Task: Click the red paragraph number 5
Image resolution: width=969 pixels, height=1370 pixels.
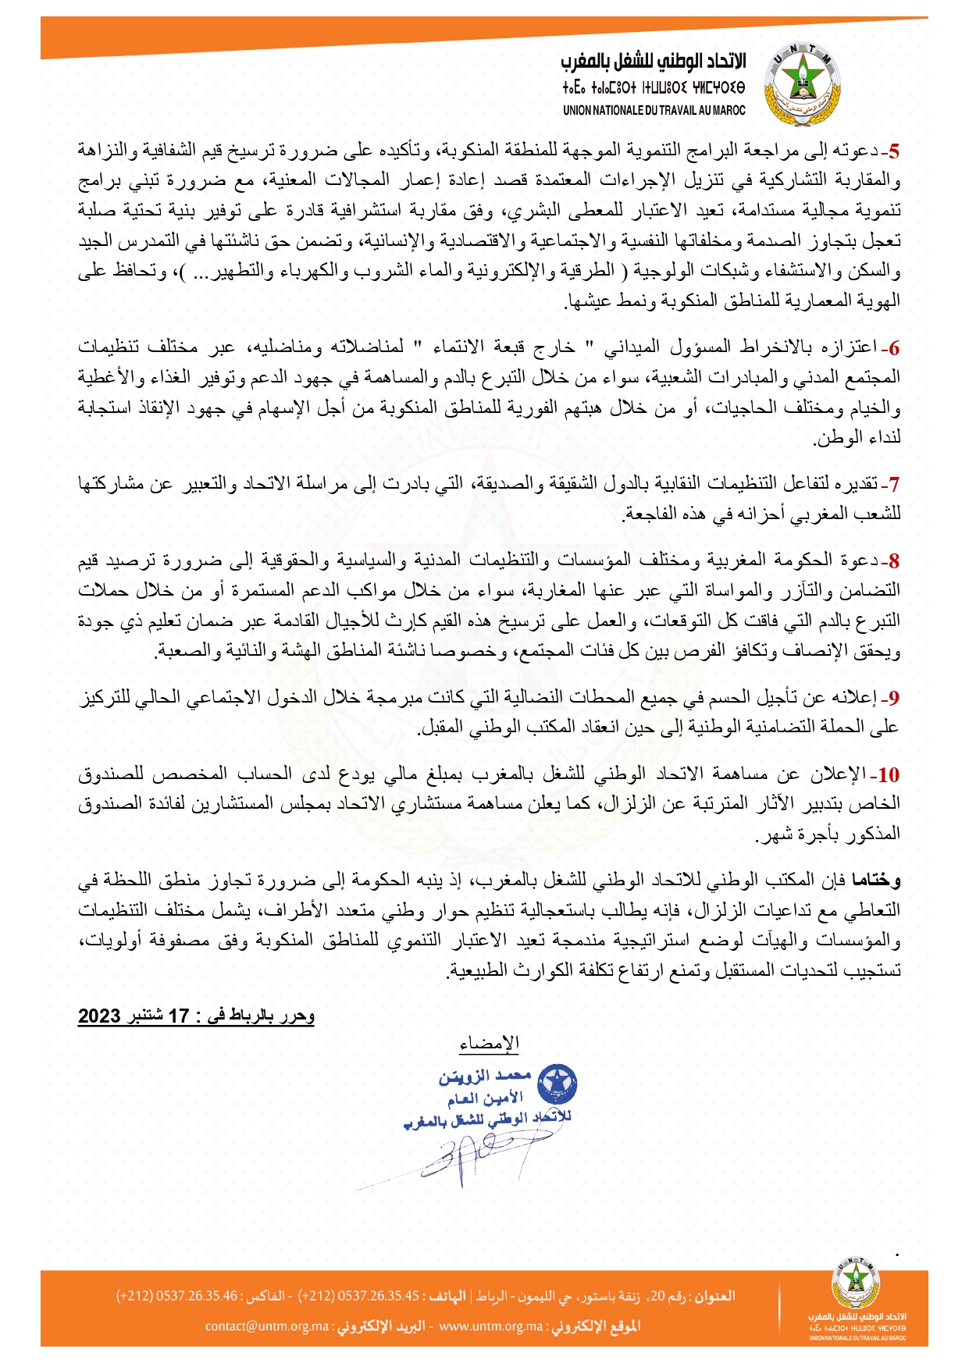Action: coord(895,151)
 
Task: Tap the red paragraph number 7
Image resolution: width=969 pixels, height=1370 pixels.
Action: coord(895,485)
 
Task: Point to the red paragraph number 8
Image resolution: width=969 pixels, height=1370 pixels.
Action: coord(895,561)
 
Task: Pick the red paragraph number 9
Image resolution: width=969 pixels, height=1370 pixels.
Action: coord(895,698)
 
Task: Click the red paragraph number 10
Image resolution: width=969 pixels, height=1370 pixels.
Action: coord(889,775)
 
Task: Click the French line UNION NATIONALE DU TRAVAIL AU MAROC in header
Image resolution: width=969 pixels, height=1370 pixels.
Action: coord(654,111)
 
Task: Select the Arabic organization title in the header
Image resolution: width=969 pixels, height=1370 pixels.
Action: coord(653,62)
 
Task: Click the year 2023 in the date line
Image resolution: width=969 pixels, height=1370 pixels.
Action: coord(99,1016)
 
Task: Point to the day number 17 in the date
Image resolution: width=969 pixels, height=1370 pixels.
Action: coord(180,1016)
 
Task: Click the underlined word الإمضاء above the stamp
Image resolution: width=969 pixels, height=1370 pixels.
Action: coord(490,1044)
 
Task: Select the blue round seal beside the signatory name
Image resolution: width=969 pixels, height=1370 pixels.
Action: coord(558,1084)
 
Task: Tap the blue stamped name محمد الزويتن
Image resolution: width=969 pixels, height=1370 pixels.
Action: coord(485,1077)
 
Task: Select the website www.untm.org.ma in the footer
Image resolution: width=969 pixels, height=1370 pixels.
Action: coord(490,1326)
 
